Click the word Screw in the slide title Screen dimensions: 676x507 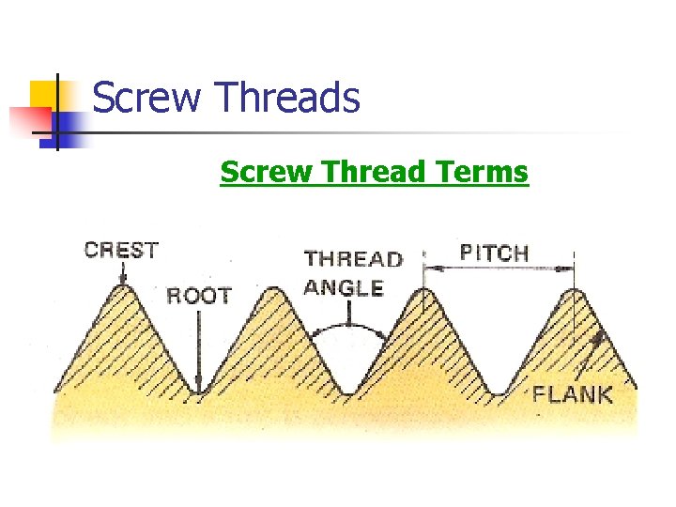coord(147,98)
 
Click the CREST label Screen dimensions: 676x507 coord(121,250)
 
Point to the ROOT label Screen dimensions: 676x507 coord(198,296)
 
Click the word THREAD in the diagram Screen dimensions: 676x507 coord(353,258)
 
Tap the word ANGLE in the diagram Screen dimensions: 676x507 coord(344,287)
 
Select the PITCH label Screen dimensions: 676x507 coord(494,253)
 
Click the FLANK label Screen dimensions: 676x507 coord(572,393)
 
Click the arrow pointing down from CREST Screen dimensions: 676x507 coord(121,274)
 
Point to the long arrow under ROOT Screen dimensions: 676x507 coord(198,347)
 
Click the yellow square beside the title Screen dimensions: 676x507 coord(47,94)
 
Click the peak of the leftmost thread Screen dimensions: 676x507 coord(122,289)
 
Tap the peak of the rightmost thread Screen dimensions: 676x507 coord(575,292)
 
